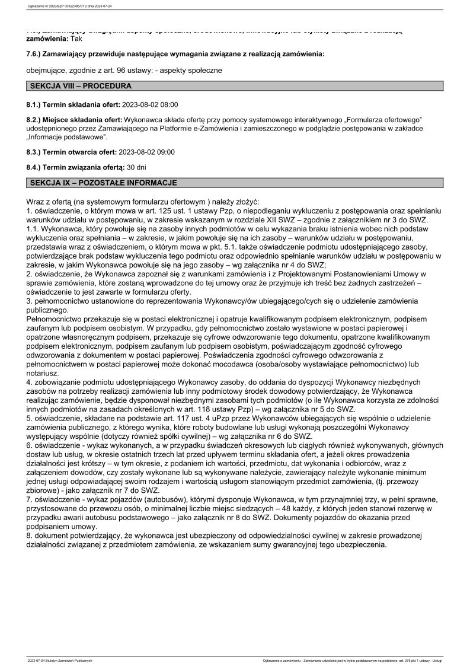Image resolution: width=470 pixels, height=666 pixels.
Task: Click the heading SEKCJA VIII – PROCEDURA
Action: click(x=81, y=86)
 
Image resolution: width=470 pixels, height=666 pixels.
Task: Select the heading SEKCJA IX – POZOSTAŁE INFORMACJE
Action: click(x=103, y=183)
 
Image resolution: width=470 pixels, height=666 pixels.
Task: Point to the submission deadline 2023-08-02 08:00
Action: click(x=149, y=104)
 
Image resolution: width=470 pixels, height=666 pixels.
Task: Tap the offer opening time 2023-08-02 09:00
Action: click(x=147, y=152)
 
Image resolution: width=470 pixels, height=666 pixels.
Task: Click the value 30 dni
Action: click(x=138, y=167)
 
